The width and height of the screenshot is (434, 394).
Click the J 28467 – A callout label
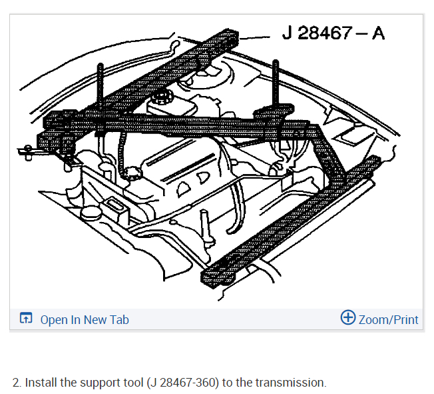coord(333,33)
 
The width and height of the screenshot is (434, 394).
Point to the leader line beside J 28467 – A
coord(254,37)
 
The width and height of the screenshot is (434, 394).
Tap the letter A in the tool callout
coord(378,33)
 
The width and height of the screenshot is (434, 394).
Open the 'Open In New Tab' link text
coord(85,320)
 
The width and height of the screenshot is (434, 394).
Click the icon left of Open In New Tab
coord(26,318)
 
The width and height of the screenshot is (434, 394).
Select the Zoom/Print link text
coord(388,320)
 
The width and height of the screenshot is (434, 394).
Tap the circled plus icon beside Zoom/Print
coord(348,317)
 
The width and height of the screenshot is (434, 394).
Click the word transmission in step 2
coord(291,383)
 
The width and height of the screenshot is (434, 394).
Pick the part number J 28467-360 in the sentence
coord(182,383)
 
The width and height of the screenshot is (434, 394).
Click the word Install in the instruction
coord(41,383)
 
